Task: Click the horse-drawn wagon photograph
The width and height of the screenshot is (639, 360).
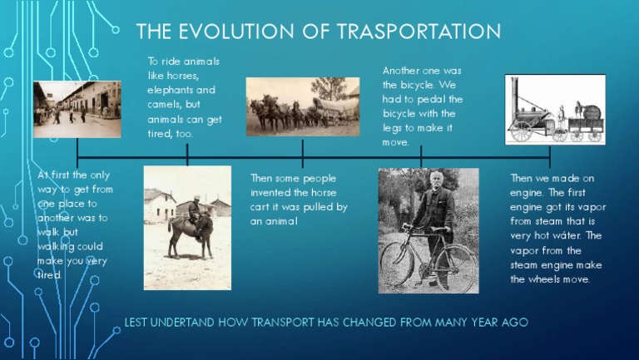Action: coord(302,106)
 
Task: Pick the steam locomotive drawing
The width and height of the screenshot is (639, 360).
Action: coord(555,109)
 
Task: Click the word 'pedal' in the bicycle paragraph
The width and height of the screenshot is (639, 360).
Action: coord(445,99)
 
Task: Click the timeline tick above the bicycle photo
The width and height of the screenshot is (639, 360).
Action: coord(421,155)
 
